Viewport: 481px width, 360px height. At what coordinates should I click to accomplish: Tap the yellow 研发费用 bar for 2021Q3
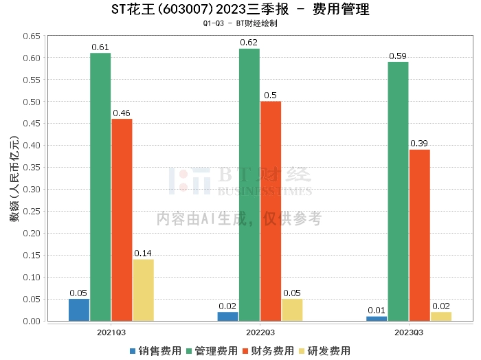pyautogui.click(x=143, y=290)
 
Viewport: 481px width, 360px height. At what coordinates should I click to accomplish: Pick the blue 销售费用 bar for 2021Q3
pyautogui.click(x=79, y=310)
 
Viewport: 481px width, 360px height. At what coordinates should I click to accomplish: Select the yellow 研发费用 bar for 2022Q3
pyautogui.click(x=292, y=310)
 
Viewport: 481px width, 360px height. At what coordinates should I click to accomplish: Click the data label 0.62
pyautogui.click(x=249, y=43)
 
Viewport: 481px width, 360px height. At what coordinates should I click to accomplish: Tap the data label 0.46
pyautogui.click(x=122, y=113)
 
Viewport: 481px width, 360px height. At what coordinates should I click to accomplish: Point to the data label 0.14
pyautogui.click(x=143, y=254)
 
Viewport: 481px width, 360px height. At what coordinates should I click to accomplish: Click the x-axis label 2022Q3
pyautogui.click(x=249, y=332)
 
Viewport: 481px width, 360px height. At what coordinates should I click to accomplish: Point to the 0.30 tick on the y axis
pyautogui.click(x=31, y=190)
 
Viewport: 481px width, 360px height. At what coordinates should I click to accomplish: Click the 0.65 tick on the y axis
pyautogui.click(x=31, y=36)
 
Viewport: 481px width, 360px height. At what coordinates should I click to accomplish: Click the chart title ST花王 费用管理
pyautogui.click(x=240, y=10)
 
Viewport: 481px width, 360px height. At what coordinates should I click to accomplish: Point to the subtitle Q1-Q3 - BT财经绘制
pyautogui.click(x=240, y=23)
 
